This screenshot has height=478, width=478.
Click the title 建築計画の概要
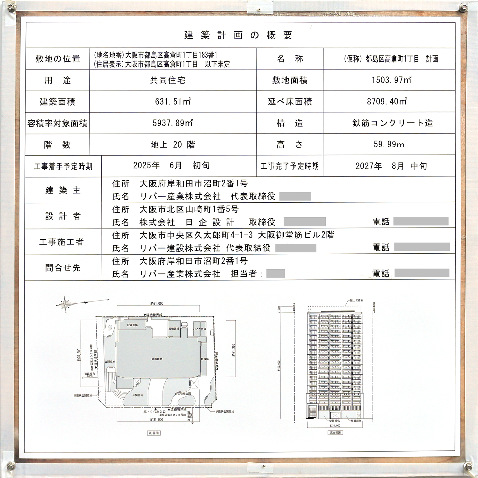(238, 35)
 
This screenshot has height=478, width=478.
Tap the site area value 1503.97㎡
(391, 80)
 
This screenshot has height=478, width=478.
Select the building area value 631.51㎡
(173, 102)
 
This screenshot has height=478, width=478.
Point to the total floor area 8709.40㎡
(387, 102)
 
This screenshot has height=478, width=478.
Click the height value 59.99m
(389, 144)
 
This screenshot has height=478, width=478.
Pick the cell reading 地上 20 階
(173, 145)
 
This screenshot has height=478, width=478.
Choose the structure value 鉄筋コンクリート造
(393, 123)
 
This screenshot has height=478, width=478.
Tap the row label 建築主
(63, 190)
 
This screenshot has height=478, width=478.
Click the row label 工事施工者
(61, 242)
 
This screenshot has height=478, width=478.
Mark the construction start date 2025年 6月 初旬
(171, 165)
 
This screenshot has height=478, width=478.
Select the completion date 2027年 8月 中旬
(391, 166)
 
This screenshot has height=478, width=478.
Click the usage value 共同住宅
(168, 80)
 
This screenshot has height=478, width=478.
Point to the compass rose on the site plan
(65, 304)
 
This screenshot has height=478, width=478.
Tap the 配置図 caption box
(154, 433)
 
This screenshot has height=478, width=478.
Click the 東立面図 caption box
(335, 432)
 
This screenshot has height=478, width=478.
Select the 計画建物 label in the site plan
(157, 359)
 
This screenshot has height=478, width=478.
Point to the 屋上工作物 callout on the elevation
(356, 301)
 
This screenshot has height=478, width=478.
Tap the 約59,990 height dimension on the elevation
(279, 366)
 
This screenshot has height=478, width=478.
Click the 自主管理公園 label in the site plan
(183, 394)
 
